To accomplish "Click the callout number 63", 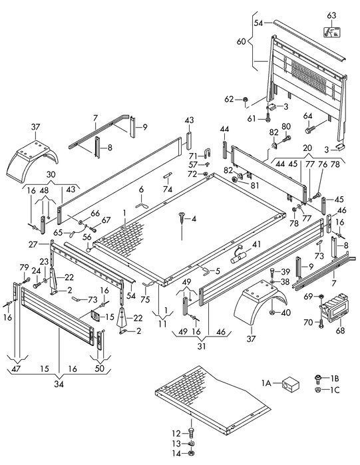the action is tap(331, 15).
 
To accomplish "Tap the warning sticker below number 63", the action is tap(331, 32).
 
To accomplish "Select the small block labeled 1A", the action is tap(290, 383).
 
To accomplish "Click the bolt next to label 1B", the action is tap(317, 379).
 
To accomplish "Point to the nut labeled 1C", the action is tap(317, 390).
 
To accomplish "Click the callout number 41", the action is tap(256, 244).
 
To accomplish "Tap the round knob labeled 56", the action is tap(89, 250).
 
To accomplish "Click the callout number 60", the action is tap(242, 41).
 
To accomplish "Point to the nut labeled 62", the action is tap(246, 99).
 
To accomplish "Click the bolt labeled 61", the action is tap(268, 116).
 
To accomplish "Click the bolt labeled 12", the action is tap(191, 432).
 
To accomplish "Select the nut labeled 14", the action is tap(191, 454).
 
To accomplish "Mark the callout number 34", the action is tap(59, 384).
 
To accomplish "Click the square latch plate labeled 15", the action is tap(95, 316).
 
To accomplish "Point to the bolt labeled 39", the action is tap(273, 272).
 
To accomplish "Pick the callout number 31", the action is tap(202, 346).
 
